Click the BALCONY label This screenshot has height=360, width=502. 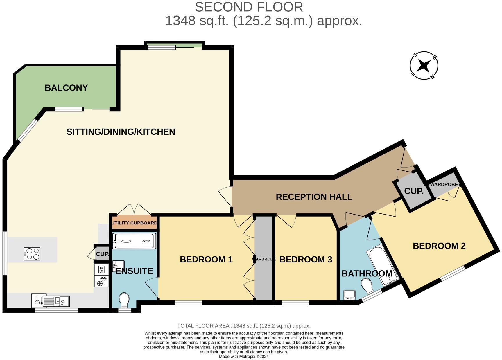coord(66,88)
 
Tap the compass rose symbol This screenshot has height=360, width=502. coord(424,66)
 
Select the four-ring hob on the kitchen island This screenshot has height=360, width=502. coord(32,254)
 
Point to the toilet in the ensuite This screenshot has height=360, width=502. coord(124,300)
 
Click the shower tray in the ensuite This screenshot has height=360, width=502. coord(134,241)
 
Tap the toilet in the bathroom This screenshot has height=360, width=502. coord(367,286)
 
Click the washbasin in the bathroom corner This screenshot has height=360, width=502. coord(349,295)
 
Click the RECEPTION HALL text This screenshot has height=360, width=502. coord(314,197)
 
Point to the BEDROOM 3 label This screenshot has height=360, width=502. coord(306,259)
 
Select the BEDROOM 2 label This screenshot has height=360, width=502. coord(439,246)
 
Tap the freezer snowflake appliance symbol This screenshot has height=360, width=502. coord(101,281)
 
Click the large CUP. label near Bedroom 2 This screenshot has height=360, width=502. coord(414,191)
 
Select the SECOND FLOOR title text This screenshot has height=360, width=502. coord(249,7)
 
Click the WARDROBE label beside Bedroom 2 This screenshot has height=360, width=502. coord(444,185)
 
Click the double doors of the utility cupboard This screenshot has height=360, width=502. coord(134,210)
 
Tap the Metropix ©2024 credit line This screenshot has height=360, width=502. coord(244,357)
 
